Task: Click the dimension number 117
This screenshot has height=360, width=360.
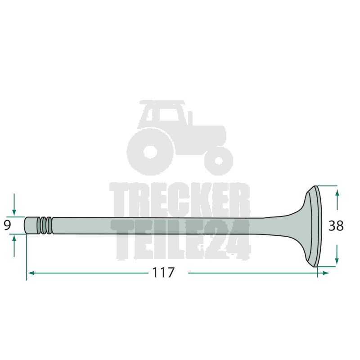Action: point(163,273)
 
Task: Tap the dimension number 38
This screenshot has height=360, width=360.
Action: point(336,226)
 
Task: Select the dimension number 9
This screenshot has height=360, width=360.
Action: point(7,225)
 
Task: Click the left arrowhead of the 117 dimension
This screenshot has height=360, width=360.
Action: point(31,273)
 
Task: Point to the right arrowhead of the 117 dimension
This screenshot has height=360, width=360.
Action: point(326,273)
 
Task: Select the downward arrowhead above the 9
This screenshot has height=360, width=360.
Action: point(14,212)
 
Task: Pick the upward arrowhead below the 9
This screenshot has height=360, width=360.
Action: point(14,238)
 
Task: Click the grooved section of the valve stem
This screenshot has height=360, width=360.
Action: point(45,225)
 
